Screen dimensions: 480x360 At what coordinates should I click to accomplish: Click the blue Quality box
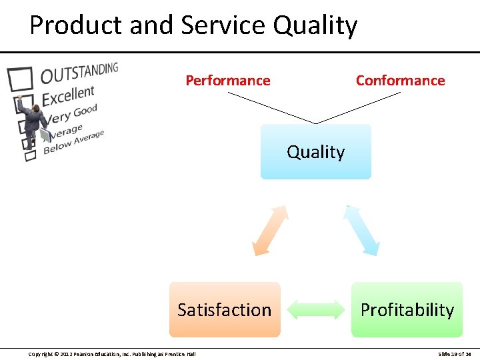click(x=315, y=151)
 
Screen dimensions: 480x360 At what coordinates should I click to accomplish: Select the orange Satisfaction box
click(x=225, y=309)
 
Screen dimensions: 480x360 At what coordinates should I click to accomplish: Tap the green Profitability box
click(x=407, y=309)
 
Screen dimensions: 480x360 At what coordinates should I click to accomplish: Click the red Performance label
click(x=228, y=81)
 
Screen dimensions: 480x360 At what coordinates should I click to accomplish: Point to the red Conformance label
click(x=400, y=81)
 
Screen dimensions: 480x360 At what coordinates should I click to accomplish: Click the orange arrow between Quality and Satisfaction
click(x=271, y=230)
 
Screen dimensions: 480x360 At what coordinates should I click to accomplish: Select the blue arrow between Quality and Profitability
click(x=362, y=230)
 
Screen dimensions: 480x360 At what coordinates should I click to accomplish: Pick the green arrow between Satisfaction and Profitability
click(x=315, y=310)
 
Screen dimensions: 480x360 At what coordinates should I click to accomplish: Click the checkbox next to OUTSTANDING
click(x=19, y=79)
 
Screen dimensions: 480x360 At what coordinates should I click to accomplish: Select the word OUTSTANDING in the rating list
click(x=79, y=72)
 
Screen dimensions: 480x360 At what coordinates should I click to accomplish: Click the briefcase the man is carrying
click(x=45, y=135)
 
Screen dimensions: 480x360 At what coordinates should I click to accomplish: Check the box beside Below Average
click(x=30, y=156)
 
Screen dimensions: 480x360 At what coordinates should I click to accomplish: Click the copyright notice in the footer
click(x=112, y=353)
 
